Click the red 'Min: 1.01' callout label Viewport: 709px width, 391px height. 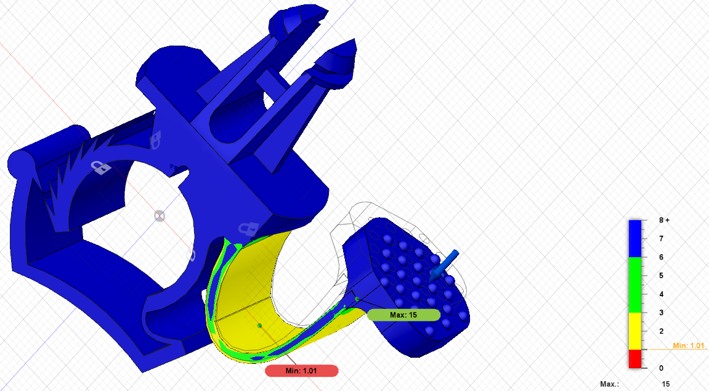(x=302, y=371)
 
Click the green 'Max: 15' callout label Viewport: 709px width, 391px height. (x=403, y=315)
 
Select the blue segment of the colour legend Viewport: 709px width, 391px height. (x=635, y=239)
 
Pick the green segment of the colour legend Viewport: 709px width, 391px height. (x=635, y=285)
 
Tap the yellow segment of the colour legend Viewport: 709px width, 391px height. (x=635, y=331)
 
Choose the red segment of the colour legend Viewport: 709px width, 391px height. (x=635, y=358)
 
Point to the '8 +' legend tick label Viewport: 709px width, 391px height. (x=664, y=220)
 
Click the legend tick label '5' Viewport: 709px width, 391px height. (x=661, y=276)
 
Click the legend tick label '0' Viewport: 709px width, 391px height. (x=661, y=368)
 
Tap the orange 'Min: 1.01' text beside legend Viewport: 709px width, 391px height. (x=689, y=345)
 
